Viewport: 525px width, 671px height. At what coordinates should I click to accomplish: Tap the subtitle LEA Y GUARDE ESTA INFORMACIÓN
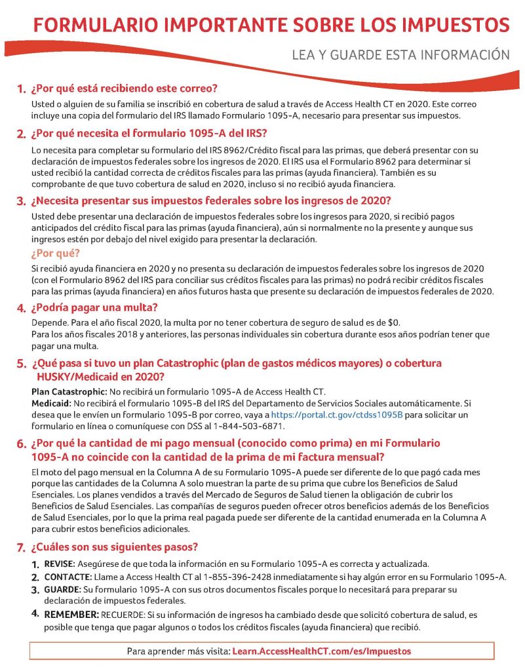coord(400,55)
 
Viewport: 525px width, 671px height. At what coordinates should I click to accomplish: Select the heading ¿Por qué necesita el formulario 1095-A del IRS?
coord(149,134)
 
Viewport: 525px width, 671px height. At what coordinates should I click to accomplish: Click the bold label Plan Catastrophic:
coord(65,391)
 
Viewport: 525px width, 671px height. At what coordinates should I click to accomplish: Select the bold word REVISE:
coord(60,564)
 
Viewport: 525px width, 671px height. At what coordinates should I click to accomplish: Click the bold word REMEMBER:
coord(71,615)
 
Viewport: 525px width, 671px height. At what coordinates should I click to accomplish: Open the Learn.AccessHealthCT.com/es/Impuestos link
coord(322,651)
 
